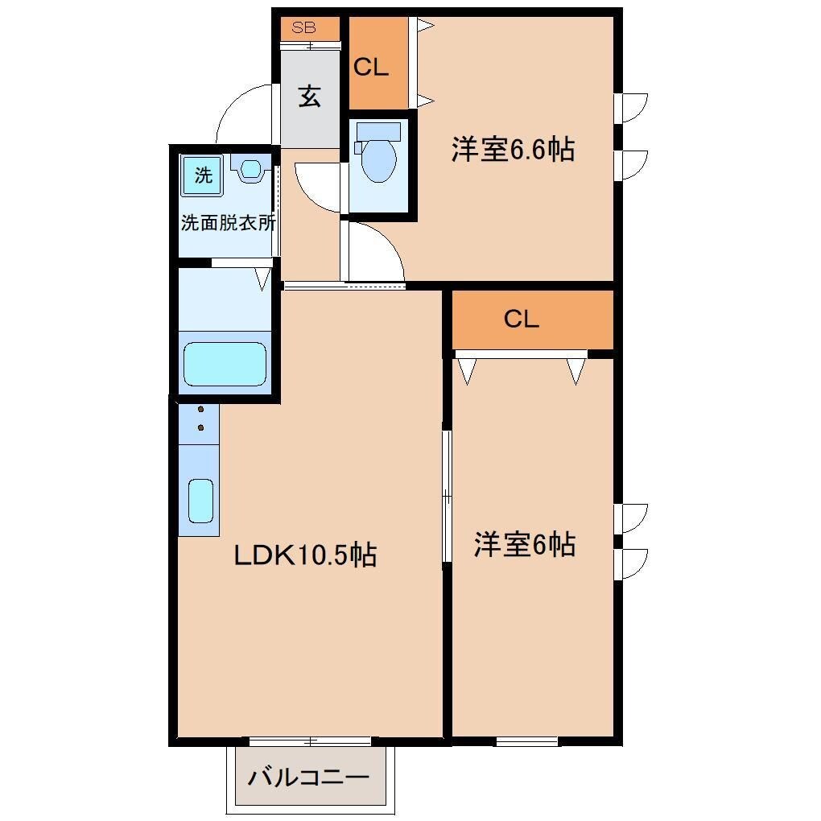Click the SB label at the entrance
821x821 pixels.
(304, 27)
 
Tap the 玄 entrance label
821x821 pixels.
(310, 96)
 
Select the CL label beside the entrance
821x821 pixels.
(371, 68)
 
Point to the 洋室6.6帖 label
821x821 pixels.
(513, 150)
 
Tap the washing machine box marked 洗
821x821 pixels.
(203, 175)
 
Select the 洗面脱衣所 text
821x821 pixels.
(228, 223)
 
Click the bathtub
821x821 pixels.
(225, 364)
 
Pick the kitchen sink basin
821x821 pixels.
(200, 501)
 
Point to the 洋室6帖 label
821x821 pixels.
(524, 545)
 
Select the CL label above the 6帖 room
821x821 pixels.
(521, 320)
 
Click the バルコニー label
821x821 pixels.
(308, 778)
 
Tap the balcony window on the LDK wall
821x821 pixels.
(310, 741)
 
